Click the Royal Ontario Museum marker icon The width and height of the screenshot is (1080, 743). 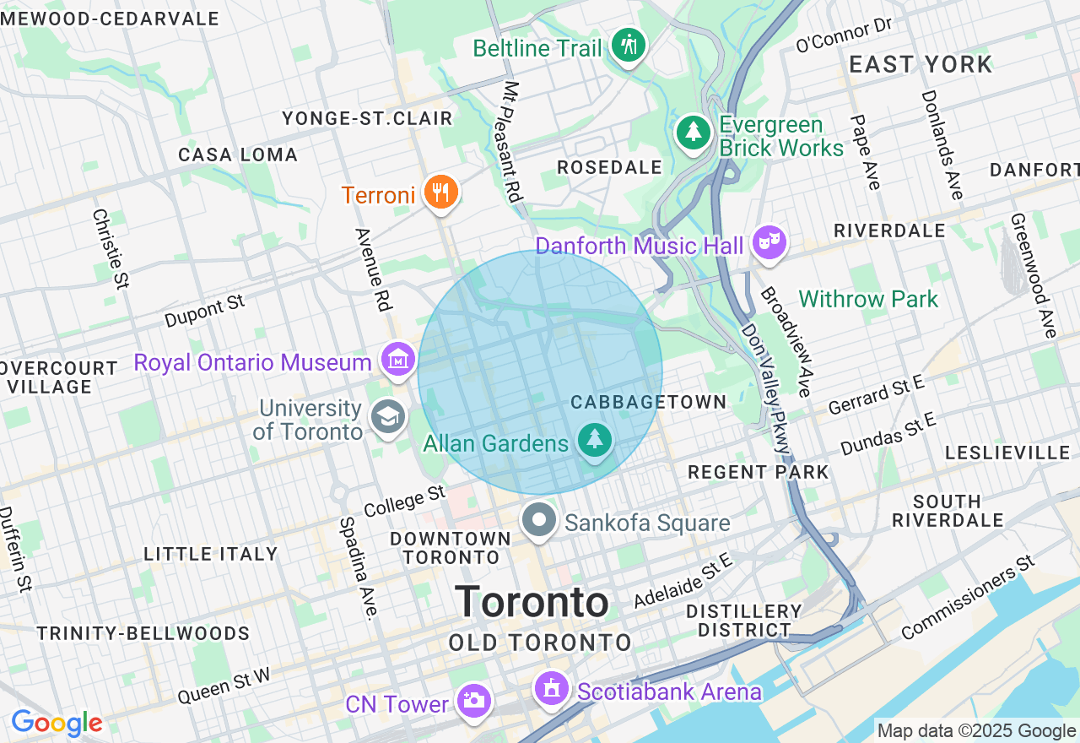[398, 361]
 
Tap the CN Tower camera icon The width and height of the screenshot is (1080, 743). [473, 700]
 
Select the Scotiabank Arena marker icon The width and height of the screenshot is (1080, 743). [552, 689]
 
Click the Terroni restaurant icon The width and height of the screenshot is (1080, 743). [440, 192]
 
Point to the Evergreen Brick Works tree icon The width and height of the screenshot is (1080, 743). [694, 133]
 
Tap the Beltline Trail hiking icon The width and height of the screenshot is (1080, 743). [628, 45]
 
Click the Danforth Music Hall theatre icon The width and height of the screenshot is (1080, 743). [769, 243]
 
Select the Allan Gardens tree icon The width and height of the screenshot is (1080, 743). [596, 439]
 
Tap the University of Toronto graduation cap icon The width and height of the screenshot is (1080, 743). [388, 417]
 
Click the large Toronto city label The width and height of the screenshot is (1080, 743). [532, 603]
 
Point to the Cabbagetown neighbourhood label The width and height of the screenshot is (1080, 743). [648, 402]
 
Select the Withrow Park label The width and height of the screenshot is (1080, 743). [868, 299]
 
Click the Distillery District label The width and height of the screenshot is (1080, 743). [743, 621]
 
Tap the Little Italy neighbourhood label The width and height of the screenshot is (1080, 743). [210, 554]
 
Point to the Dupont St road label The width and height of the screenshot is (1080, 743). [204, 312]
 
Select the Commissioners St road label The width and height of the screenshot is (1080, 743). [968, 599]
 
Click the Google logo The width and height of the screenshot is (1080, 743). [57, 724]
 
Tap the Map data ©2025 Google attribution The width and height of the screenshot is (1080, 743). [976, 731]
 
